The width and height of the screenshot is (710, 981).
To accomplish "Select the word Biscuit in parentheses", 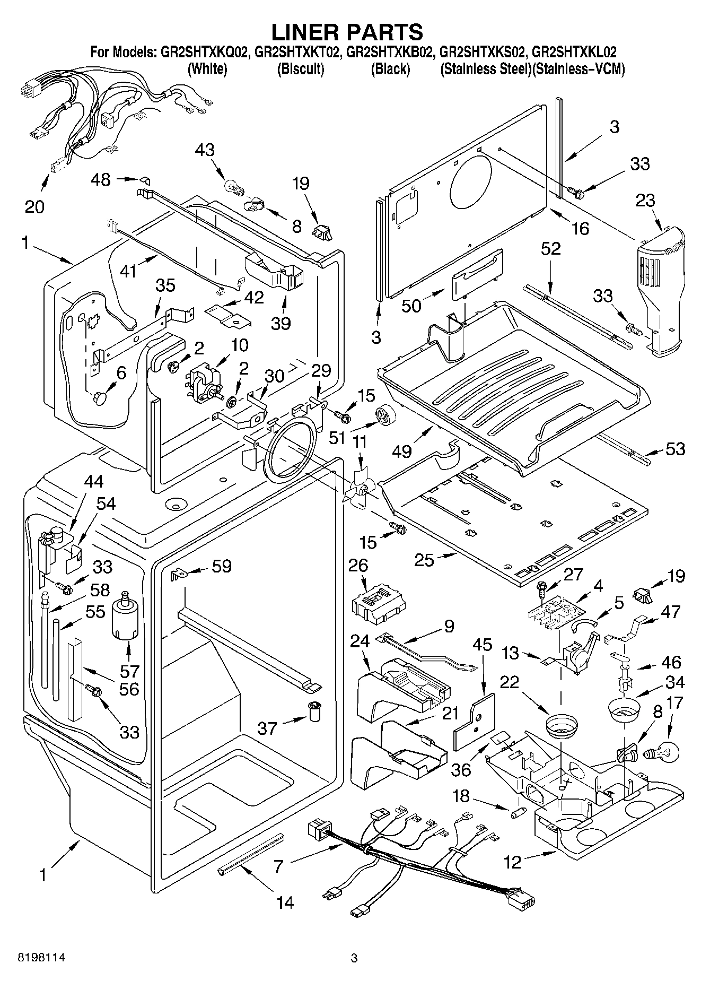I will [x=300, y=69].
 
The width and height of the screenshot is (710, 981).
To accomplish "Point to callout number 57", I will [x=129, y=672].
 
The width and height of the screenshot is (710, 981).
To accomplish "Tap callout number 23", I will [x=645, y=201].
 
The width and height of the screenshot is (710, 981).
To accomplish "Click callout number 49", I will [x=402, y=451].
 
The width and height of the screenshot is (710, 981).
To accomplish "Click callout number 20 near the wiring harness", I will [x=34, y=206].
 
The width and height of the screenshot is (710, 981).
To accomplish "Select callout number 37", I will [x=267, y=728].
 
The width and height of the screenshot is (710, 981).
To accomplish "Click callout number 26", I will [x=358, y=566].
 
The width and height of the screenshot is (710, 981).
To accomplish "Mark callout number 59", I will [x=222, y=566].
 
